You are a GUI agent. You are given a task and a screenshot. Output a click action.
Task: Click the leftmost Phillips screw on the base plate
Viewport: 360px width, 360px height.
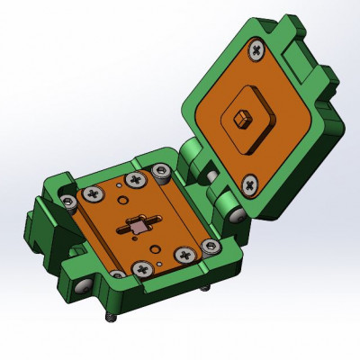click(x=94, y=193)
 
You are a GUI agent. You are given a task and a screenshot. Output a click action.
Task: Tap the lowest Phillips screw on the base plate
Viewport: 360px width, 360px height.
click(x=142, y=268)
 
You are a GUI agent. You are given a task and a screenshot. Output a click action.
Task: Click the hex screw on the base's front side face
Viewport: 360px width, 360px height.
click(x=83, y=284)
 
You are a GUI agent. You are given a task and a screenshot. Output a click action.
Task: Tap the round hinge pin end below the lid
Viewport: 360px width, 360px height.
click(x=237, y=215)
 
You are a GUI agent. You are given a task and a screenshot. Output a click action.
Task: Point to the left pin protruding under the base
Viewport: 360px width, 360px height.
click(x=111, y=319)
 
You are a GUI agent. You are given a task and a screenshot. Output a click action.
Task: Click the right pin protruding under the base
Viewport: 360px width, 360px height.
click(x=205, y=289)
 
